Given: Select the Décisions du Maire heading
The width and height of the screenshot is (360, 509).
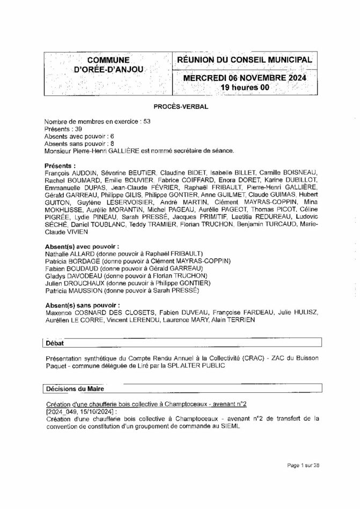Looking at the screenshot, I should click(x=75, y=387).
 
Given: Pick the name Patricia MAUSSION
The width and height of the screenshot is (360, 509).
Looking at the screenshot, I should click(x=72, y=290).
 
